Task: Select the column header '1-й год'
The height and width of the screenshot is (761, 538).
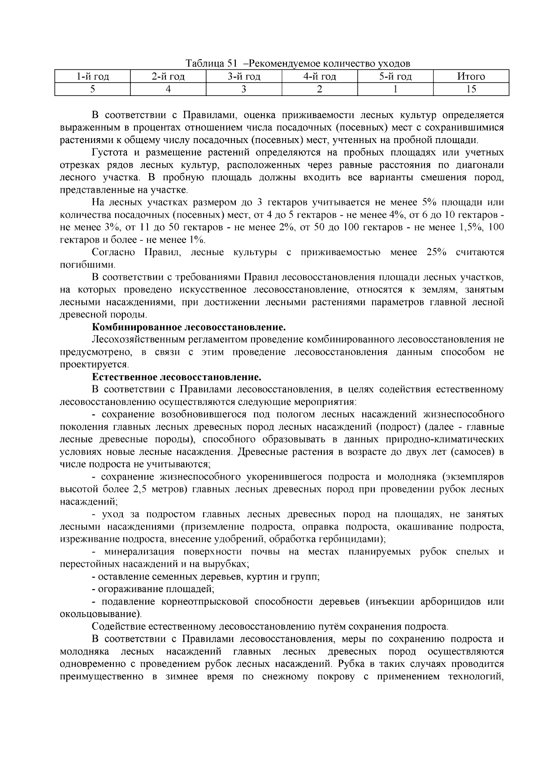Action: tap(92, 76)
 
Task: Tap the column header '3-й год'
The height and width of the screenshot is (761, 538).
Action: tap(244, 76)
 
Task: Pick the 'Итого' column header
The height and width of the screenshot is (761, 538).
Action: tap(471, 76)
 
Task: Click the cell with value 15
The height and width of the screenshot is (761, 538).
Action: tap(471, 89)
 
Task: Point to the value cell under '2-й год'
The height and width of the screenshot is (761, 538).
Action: tap(168, 89)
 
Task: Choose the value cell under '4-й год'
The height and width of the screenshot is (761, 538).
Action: tap(320, 89)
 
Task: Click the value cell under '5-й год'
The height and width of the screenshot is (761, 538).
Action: tap(395, 89)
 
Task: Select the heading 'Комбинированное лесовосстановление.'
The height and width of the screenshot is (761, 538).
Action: tap(189, 327)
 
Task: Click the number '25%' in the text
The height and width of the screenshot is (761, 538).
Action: tap(436, 252)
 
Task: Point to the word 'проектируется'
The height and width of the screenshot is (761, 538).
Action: tap(94, 364)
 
